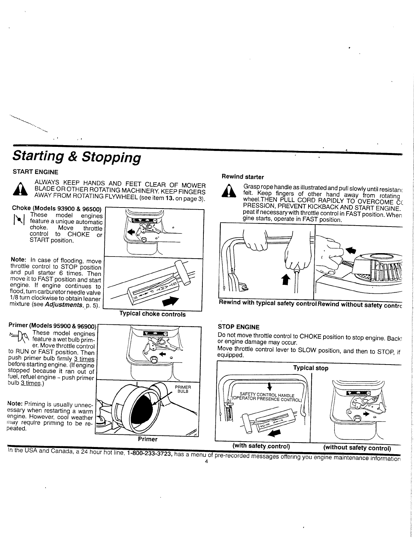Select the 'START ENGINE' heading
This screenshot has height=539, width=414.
click(35, 172)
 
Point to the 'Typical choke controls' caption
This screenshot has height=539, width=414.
click(152, 314)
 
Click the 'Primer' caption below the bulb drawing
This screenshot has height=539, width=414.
click(148, 439)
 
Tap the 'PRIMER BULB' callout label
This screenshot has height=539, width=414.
click(183, 389)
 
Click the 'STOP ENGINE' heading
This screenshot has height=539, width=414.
click(238, 327)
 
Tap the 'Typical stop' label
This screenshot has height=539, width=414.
click(311, 368)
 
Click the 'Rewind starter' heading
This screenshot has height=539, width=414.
click(243, 177)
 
